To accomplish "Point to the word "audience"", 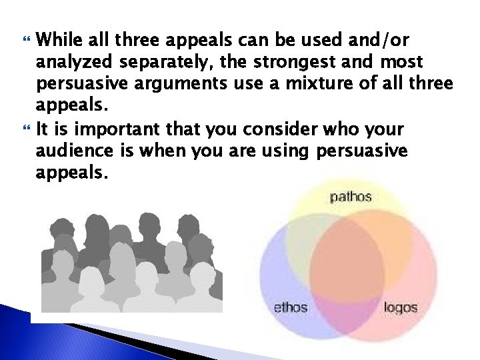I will point(69,151).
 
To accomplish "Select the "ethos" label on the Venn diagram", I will point(291,307).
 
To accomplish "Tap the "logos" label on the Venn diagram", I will point(401,307).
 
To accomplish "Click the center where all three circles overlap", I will point(347,257).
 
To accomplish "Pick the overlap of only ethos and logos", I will point(347,300).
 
